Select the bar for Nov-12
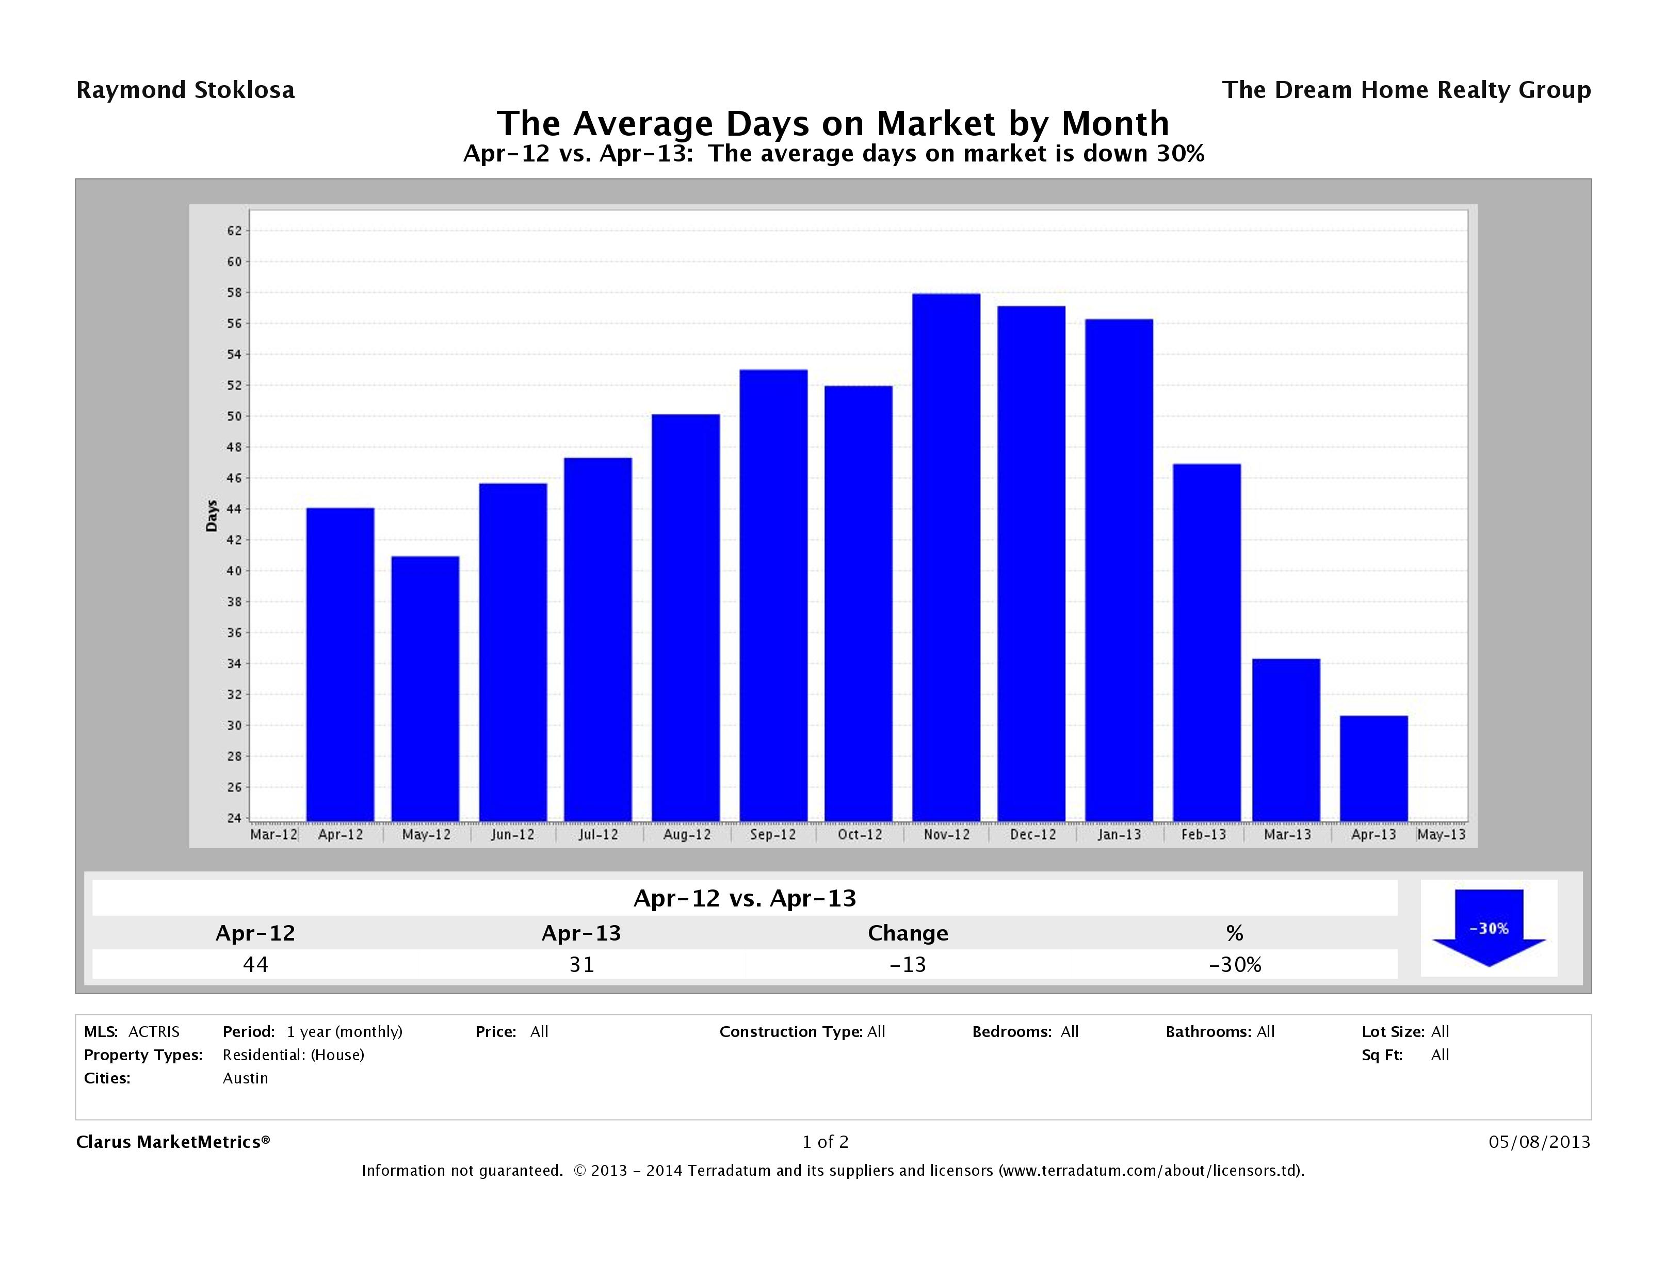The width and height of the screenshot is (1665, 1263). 946,557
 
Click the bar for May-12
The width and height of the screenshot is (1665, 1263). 425,689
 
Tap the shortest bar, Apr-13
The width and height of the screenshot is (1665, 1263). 1373,768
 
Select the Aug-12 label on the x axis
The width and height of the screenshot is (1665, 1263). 686,835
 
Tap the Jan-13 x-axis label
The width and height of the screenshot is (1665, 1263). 1119,835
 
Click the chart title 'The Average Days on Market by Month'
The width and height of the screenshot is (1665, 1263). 833,123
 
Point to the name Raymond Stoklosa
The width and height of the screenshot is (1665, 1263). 185,90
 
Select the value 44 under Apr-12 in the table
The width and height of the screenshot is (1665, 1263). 255,964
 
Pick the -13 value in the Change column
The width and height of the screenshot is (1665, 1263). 908,964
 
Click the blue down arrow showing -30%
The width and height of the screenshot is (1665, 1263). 1489,929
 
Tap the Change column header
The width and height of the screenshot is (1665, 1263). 908,933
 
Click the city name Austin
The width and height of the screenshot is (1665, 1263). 246,1078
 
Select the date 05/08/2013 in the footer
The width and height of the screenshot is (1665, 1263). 1539,1142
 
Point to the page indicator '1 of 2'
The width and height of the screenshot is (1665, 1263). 825,1142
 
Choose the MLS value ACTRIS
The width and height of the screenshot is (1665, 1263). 154,1031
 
